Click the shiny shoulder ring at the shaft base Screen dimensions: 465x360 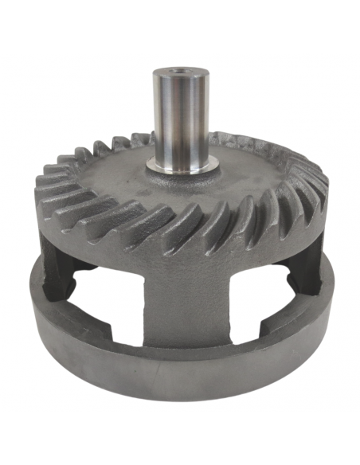coord(181,166)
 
